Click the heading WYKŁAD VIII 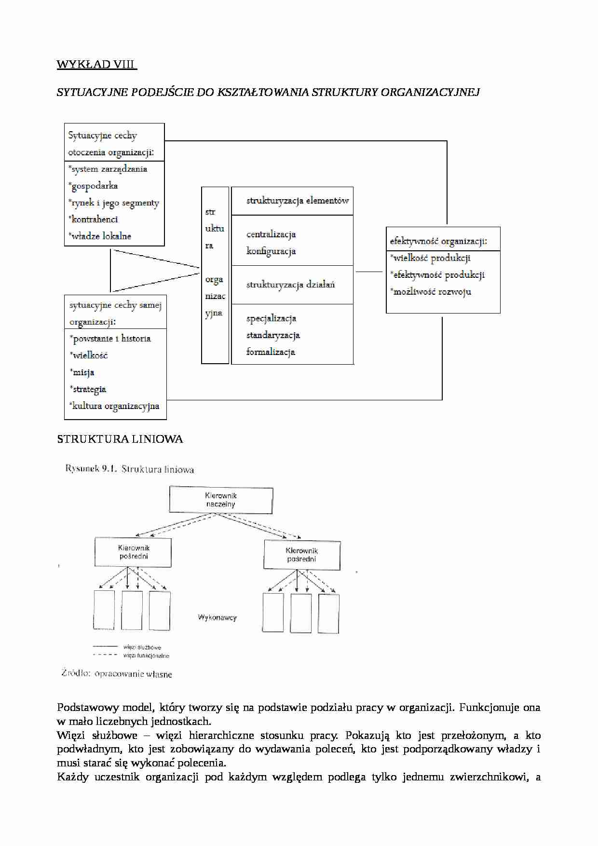96,65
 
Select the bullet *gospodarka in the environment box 94,186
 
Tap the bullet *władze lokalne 100,236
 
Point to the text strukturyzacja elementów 298,201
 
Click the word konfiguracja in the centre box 271,251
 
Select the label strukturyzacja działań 291,285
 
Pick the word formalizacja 271,352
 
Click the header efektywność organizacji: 438,241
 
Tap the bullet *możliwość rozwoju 431,291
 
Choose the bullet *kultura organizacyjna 115,406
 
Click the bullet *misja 82,372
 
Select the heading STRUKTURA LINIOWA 120,439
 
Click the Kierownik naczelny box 221,500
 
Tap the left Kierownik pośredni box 133,552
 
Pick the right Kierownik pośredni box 302,555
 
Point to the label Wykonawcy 217,617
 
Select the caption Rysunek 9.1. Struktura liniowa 130,469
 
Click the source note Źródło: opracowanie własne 117,673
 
